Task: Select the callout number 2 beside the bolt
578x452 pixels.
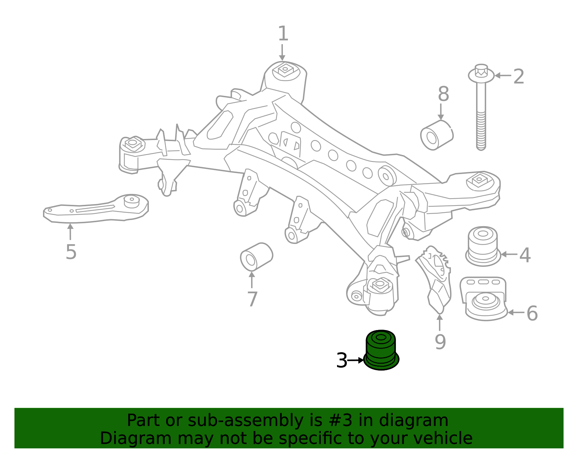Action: point(518,77)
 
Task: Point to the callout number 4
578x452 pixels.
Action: point(525,255)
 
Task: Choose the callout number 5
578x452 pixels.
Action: point(71,252)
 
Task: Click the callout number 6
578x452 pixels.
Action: point(532,313)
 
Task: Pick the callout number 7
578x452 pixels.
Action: point(252,299)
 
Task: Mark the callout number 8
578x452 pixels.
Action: point(443,94)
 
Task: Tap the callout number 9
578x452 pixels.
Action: point(440,342)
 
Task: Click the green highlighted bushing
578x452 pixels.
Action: point(381,350)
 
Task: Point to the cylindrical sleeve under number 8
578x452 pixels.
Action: point(436,135)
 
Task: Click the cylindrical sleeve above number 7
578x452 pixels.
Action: point(256,257)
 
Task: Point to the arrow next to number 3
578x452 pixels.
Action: point(355,360)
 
